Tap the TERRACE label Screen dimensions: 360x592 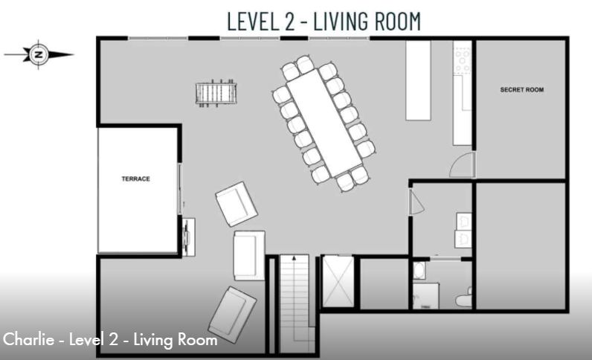(x=136, y=179)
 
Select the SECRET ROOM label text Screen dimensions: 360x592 (x=521, y=90)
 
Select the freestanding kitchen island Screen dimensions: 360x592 (x=418, y=80)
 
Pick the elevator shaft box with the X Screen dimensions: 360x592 (x=337, y=282)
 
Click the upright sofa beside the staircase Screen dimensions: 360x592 (x=248, y=254)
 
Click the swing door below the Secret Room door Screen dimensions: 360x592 (x=416, y=202)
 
